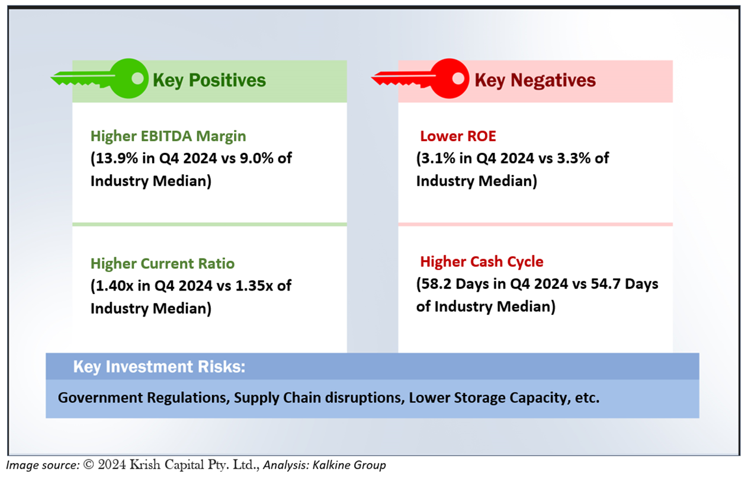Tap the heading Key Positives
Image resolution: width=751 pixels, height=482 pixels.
[x=209, y=81]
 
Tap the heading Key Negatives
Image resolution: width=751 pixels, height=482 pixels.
[x=535, y=81]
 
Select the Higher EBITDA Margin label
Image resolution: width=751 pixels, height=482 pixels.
[x=168, y=136]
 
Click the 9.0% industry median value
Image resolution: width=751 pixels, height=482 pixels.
[x=256, y=158]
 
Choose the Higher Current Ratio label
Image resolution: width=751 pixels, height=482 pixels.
[x=163, y=264]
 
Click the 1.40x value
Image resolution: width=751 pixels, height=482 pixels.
[x=114, y=286]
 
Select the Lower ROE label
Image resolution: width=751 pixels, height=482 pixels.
[x=458, y=136]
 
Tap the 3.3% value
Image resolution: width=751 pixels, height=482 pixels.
[x=574, y=158]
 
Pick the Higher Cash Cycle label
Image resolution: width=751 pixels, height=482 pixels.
[x=482, y=262]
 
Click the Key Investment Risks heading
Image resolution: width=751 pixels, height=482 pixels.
[x=159, y=366]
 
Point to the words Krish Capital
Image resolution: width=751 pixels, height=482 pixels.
[x=166, y=465]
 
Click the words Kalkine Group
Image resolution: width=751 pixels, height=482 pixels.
[x=349, y=465]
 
